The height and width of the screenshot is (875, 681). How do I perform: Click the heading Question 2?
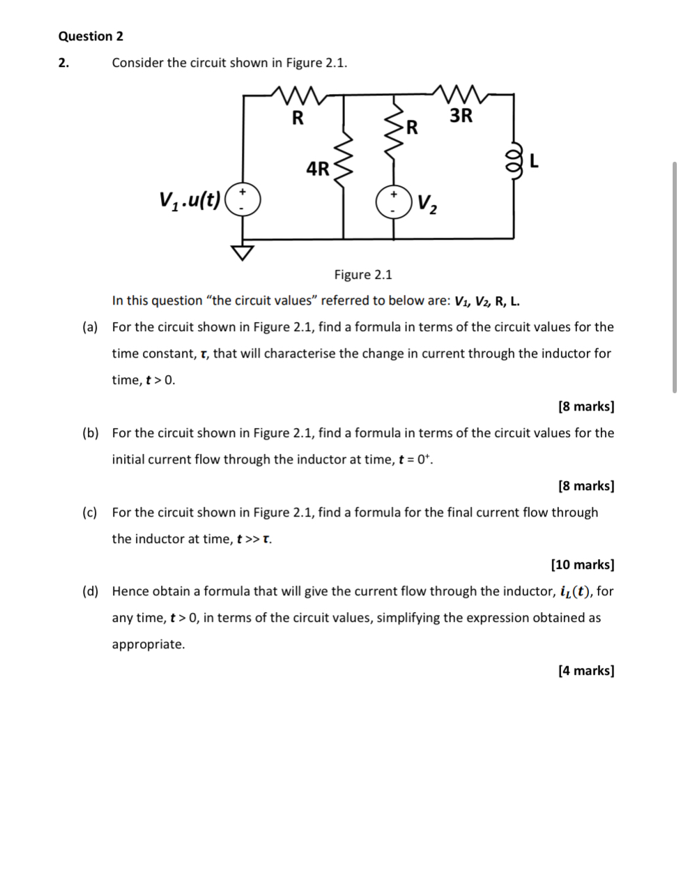91,36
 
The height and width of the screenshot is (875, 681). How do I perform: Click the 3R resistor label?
461,116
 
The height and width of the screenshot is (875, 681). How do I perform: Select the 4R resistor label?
318,169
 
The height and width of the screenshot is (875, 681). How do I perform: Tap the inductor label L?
534,162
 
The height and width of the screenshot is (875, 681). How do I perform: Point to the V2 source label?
428,204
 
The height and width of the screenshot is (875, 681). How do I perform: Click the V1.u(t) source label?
190,201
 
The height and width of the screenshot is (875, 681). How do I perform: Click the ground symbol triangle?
243,252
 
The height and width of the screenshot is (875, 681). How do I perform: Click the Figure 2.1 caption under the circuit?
363,275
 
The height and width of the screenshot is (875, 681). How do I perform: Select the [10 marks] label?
583,565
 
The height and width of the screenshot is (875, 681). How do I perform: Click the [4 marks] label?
586,671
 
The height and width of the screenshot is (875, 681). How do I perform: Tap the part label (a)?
90,327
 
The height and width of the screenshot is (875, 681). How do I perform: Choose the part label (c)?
90,512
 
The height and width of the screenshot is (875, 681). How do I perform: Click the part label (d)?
90,592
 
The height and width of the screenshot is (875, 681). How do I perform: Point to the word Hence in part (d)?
130,592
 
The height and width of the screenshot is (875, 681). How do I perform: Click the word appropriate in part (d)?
148,645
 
